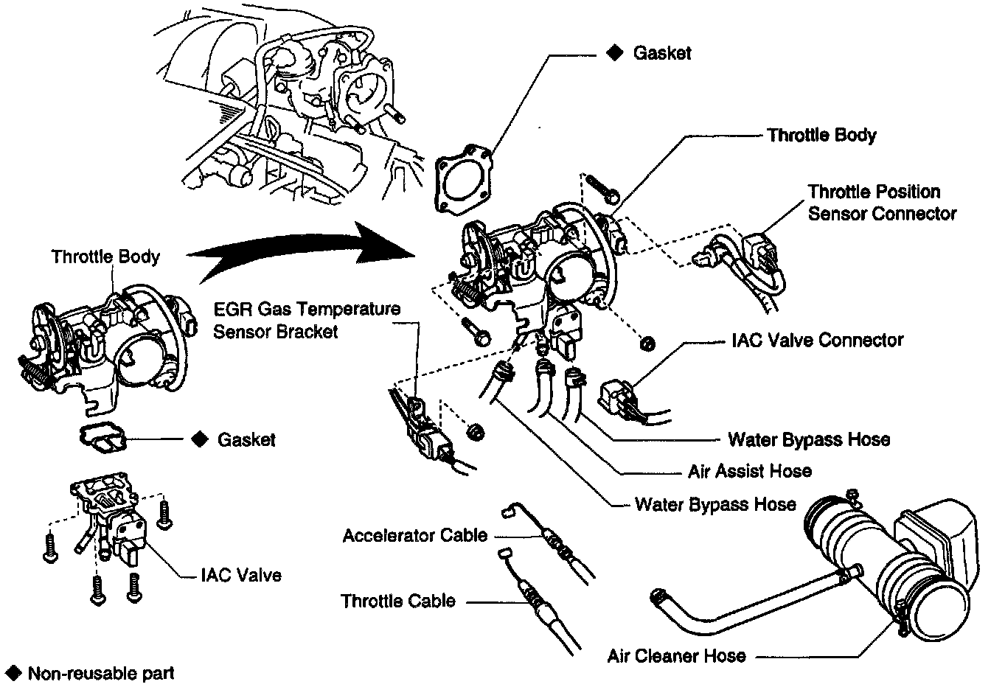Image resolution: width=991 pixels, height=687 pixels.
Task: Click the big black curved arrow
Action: pos(301,248)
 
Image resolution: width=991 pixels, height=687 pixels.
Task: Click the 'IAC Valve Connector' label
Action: pos(818,340)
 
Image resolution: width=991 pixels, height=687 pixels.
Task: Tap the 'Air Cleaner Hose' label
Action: pos(676,655)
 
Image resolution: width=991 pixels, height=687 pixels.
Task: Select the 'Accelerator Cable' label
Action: pos(415,536)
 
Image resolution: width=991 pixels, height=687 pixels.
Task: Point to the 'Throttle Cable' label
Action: pos(397,601)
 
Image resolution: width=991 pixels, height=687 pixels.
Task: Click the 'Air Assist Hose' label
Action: pos(750,471)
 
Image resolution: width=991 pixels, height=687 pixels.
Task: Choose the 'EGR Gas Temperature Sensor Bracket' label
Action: pos(307,320)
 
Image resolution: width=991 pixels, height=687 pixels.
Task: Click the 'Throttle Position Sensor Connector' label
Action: pos(882,203)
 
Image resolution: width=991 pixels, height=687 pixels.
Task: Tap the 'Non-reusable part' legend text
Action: pos(101,674)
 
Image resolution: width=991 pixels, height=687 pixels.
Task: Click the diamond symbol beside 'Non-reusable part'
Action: pos(14,673)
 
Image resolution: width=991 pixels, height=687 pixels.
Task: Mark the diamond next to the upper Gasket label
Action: pos(614,53)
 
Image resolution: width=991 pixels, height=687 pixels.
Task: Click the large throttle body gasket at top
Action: pos(464,180)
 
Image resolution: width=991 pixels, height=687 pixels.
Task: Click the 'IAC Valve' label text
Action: pos(241,575)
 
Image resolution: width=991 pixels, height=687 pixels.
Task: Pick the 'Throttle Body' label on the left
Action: pos(105,257)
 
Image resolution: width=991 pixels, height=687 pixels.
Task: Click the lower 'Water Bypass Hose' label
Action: pos(715,504)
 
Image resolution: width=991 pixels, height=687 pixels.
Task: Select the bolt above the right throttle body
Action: pos(602,189)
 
